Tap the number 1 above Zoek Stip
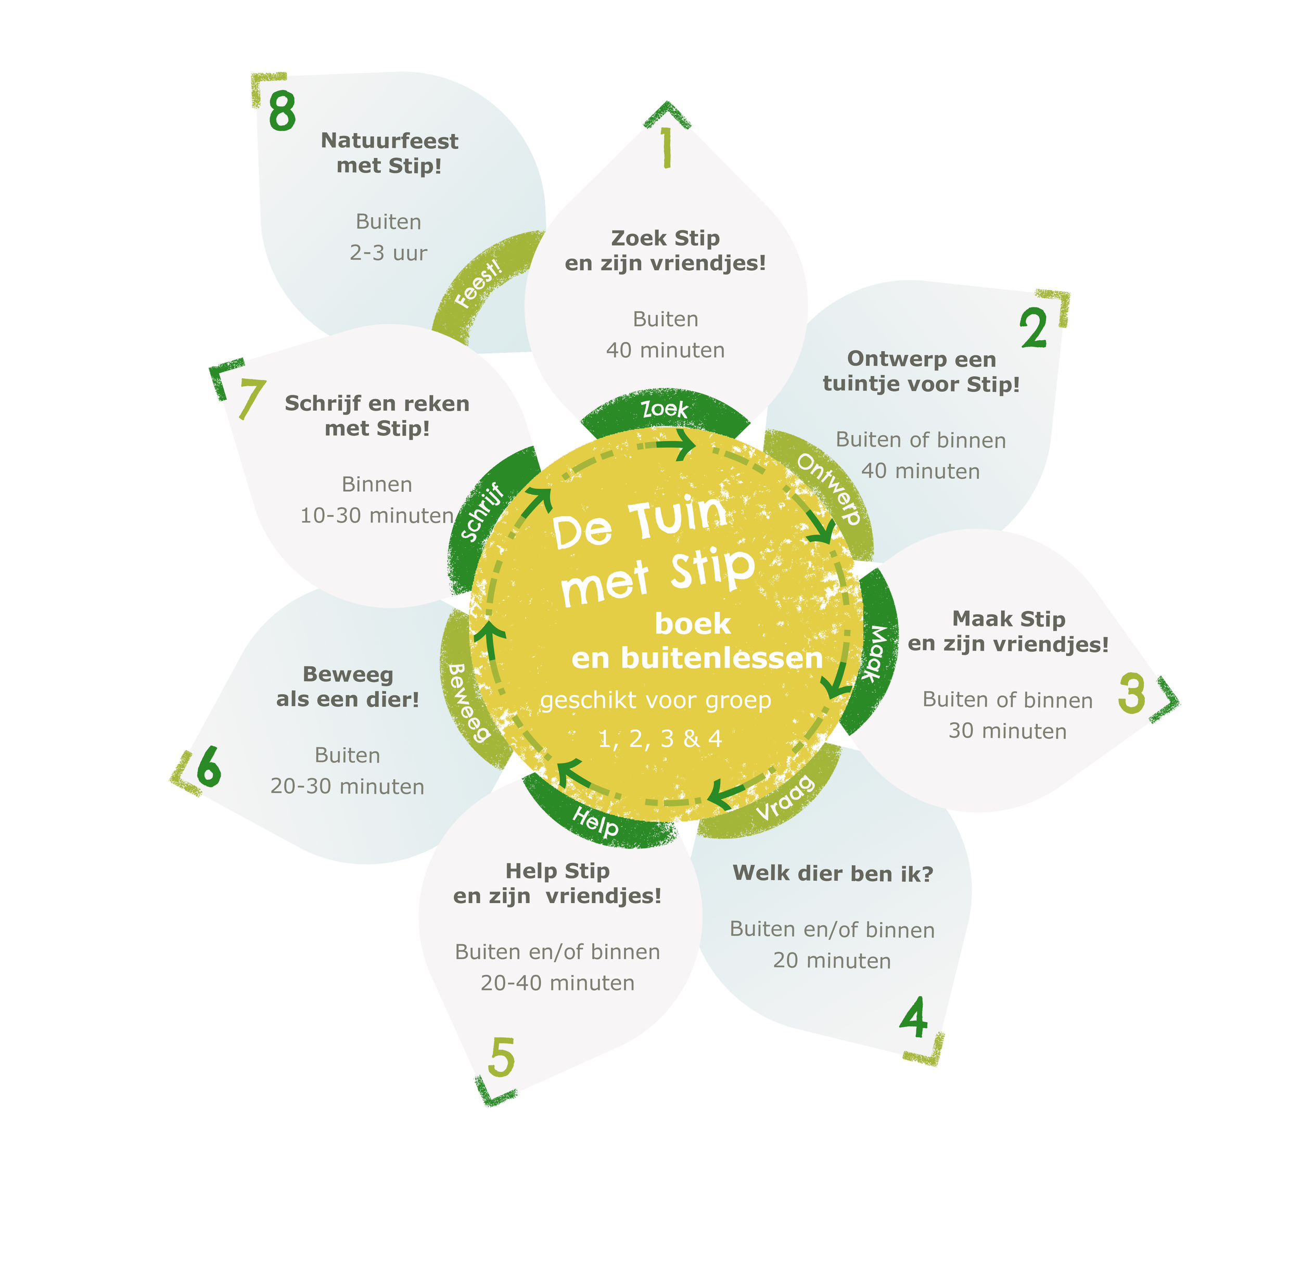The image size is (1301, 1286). [666, 147]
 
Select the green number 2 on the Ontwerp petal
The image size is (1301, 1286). [1034, 328]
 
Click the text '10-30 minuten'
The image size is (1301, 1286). [376, 516]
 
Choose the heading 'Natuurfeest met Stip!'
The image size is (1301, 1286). [389, 154]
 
